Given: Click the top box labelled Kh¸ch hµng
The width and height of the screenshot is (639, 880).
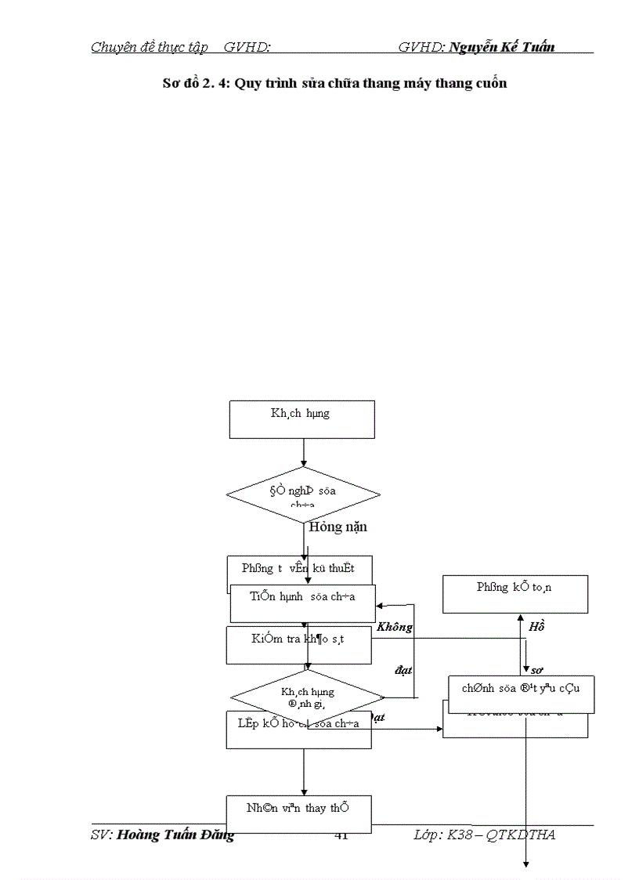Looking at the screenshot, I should pyautogui.click(x=301, y=418).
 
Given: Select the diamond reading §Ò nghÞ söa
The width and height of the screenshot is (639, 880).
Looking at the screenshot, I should pyautogui.click(x=303, y=494).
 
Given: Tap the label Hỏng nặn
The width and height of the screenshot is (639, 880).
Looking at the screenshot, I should pyautogui.click(x=338, y=527).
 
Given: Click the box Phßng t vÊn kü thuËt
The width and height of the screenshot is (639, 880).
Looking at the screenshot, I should pyautogui.click(x=298, y=568).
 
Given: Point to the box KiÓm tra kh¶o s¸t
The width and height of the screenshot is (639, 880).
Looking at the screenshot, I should pyautogui.click(x=298, y=639).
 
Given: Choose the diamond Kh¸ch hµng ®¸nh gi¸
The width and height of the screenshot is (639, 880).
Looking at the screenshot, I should pyautogui.click(x=307, y=697).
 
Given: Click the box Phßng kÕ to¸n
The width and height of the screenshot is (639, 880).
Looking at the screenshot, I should pyautogui.click(x=514, y=594).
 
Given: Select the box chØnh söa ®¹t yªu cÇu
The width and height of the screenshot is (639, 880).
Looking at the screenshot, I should pyautogui.click(x=521, y=690).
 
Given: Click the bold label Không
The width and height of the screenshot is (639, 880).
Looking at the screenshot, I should pyautogui.click(x=394, y=627).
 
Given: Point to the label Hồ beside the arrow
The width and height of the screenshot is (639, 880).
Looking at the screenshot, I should pyautogui.click(x=536, y=627).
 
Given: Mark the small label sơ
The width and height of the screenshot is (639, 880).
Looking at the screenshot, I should pyautogui.click(x=537, y=670).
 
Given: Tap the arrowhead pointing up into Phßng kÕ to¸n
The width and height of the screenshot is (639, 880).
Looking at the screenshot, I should pyautogui.click(x=519, y=618).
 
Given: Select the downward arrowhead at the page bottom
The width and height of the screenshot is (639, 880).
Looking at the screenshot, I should pyautogui.click(x=526, y=863).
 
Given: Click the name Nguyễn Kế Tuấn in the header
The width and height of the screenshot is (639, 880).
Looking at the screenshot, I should pyautogui.click(x=502, y=47).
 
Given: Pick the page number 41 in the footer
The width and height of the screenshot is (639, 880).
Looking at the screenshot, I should pyautogui.click(x=341, y=835).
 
